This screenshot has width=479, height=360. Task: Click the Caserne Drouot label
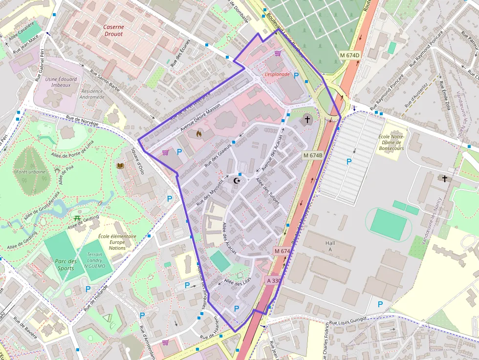113,31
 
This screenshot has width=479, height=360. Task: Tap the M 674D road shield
349,55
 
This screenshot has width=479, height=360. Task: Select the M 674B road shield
313,155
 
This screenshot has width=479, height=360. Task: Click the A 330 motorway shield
274,280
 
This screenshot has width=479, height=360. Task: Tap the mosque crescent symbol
238,181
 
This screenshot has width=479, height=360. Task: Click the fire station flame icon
199,133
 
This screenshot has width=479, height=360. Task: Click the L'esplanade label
277,74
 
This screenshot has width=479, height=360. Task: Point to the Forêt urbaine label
31,172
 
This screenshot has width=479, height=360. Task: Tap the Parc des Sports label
65,265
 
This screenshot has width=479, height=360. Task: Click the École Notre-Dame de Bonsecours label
391,142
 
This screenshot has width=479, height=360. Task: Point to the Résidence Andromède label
92,94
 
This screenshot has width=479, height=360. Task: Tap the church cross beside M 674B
307,119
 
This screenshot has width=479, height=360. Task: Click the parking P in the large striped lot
349,162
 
